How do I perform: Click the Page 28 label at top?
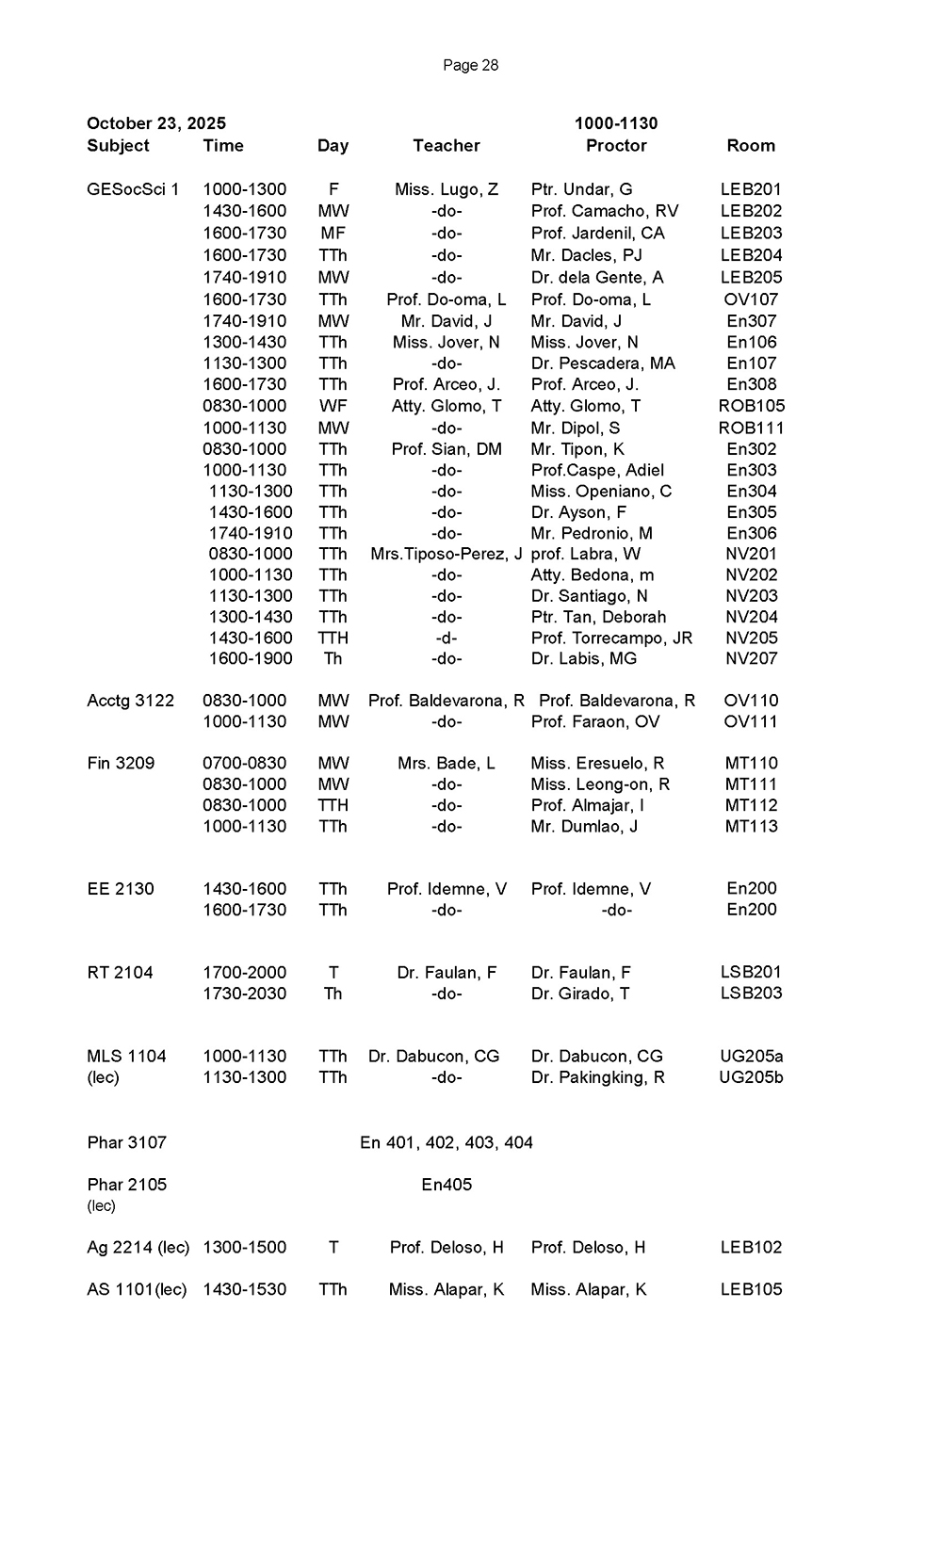click(470, 65)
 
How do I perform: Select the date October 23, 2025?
click(156, 123)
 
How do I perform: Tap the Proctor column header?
click(616, 146)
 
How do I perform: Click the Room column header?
click(751, 146)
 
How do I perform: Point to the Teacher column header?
click(447, 146)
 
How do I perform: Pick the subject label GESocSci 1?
click(133, 189)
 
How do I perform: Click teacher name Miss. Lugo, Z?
click(447, 189)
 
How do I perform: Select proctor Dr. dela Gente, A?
click(597, 278)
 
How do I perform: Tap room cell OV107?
click(751, 299)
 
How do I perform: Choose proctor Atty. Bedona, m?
click(593, 575)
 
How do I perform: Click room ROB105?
click(751, 406)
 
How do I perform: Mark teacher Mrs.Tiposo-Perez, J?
click(447, 555)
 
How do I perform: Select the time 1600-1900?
click(251, 659)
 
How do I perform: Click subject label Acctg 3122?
click(130, 701)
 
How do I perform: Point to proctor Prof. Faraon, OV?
click(595, 722)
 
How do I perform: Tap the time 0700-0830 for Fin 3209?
click(245, 764)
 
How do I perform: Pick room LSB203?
click(751, 994)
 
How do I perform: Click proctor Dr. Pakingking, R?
click(598, 1077)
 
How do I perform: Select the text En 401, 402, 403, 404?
click(447, 1143)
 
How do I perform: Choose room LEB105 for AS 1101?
click(751, 1290)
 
